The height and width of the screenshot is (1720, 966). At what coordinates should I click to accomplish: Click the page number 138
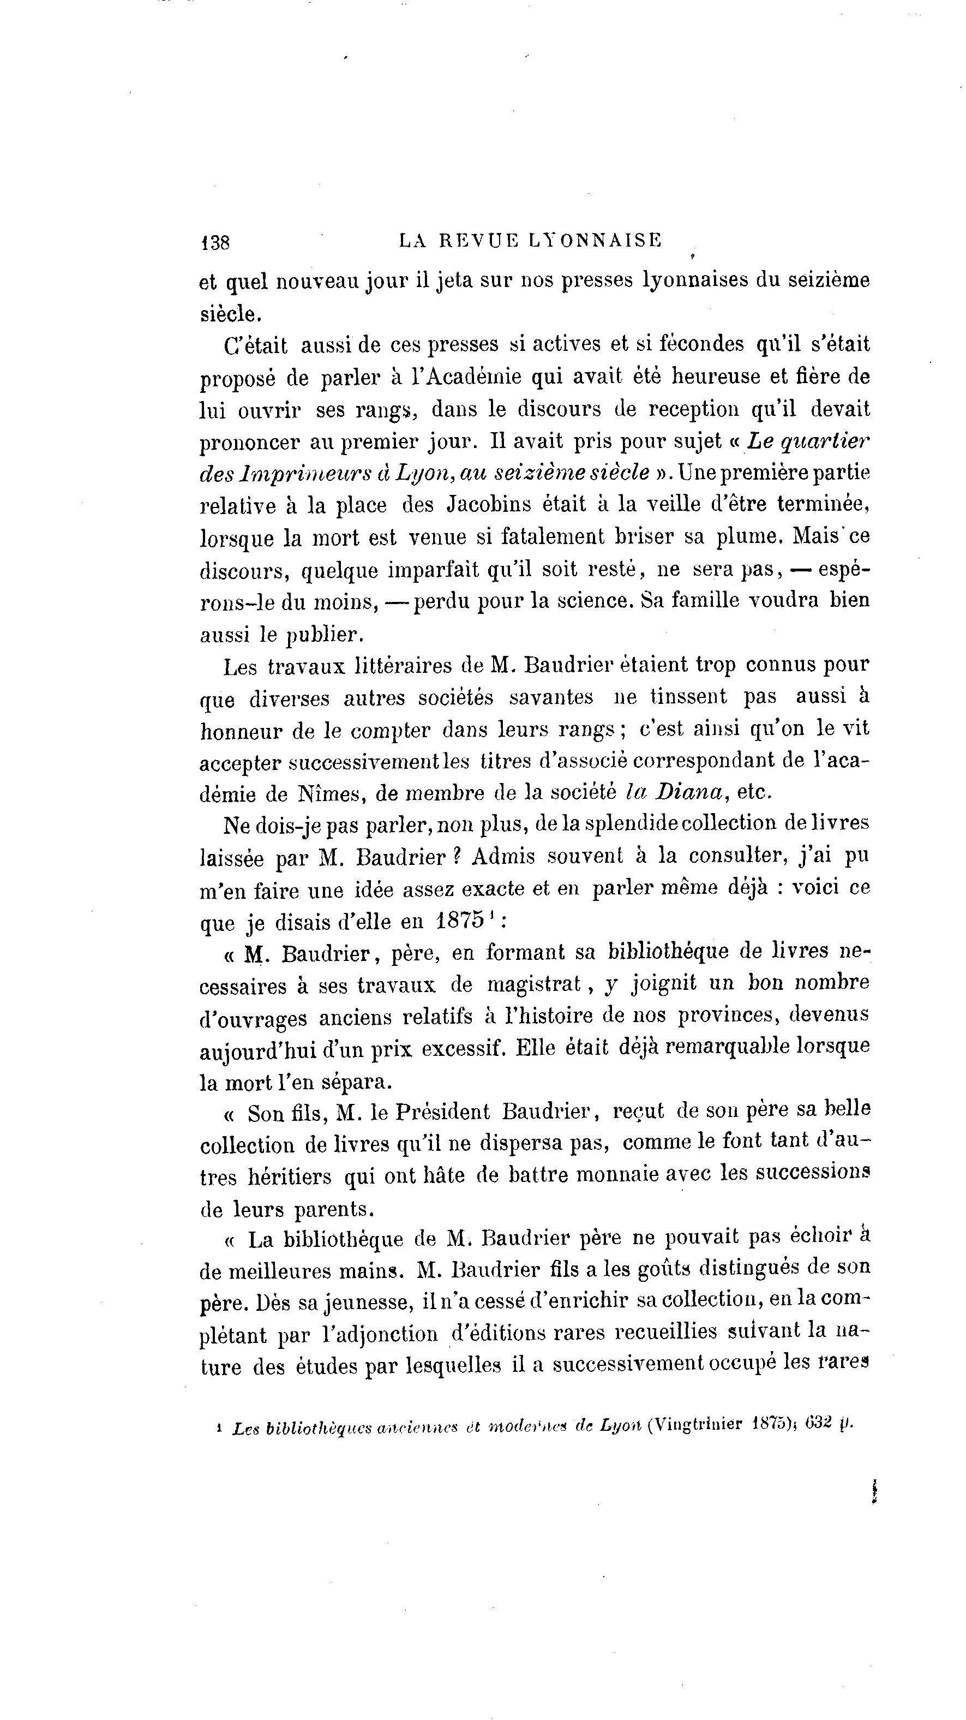tap(215, 242)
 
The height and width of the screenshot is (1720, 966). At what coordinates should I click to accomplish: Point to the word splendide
tap(626, 823)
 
